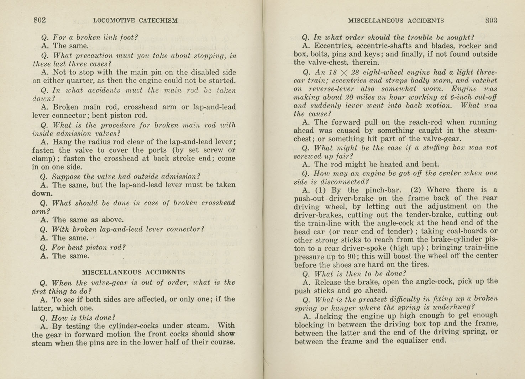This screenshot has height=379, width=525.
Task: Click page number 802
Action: click(40, 20)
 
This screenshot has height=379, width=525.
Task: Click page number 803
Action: click(491, 20)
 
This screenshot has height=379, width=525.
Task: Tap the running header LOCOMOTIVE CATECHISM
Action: click(135, 21)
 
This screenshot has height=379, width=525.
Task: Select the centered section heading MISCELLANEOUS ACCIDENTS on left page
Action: click(133, 272)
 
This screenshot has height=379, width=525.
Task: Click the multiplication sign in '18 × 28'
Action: click(343, 73)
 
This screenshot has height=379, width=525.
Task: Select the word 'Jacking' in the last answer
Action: click(329, 316)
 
